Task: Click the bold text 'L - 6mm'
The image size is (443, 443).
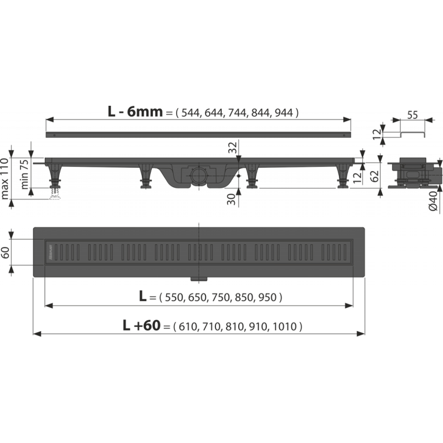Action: pos(135,112)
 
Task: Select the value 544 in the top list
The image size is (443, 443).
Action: pos(190,113)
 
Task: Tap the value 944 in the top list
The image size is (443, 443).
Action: pos(284,113)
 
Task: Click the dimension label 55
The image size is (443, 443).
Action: pos(413,115)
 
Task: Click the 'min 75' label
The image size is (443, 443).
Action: pos(24,174)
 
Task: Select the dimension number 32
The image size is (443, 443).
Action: pos(233,147)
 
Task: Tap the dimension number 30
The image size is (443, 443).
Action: pos(231,199)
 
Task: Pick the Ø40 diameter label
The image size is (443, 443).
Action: pos(433,200)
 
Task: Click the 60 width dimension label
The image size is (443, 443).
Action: pos(6,253)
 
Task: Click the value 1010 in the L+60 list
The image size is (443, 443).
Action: pos(285,327)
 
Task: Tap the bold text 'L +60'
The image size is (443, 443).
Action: pos(142,326)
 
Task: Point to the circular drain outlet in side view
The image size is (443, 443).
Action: pos(199,175)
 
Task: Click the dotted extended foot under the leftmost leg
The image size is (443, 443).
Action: pos(55,194)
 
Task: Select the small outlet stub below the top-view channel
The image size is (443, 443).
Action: pos(199,279)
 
